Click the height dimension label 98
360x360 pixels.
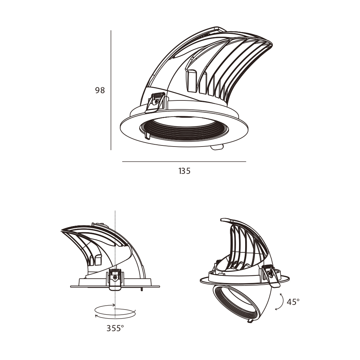click(x=100, y=90)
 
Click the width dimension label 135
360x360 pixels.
click(x=184, y=171)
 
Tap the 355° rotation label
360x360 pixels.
click(x=115, y=328)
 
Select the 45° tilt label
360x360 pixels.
click(x=293, y=302)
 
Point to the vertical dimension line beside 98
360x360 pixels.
click(x=111, y=90)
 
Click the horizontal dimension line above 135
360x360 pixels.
click(x=184, y=162)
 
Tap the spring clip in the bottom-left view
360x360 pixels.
click(x=115, y=280)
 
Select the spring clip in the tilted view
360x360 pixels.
click(x=271, y=275)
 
